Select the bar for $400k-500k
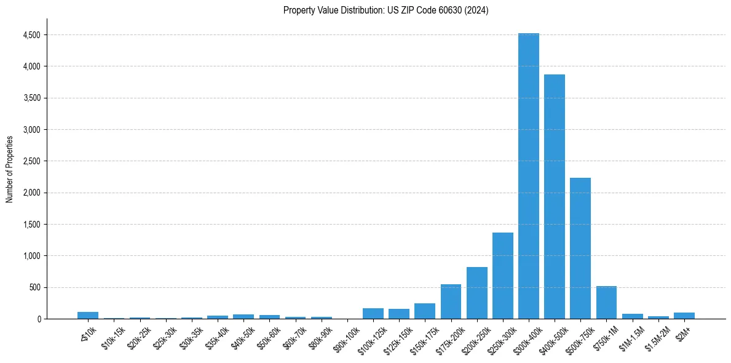point(554,197)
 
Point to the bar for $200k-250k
point(476,293)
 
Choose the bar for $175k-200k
point(451,301)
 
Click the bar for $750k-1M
point(606,303)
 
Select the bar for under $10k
point(88,315)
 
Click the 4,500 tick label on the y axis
point(31,35)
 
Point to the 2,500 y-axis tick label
point(31,161)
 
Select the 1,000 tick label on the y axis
point(31,256)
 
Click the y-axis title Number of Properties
point(9,169)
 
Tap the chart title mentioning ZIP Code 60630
point(385,10)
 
